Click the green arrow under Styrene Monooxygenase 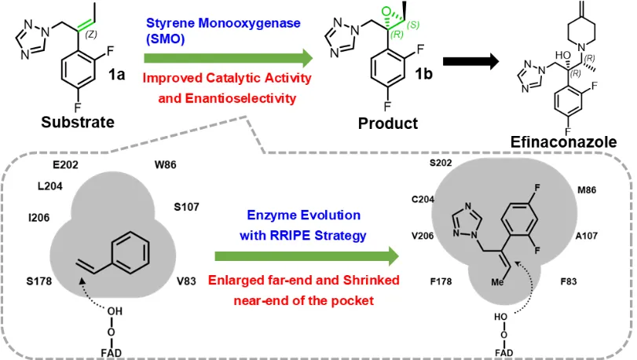[x=228, y=57]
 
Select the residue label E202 [x=66, y=166]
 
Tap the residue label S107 [x=186, y=208]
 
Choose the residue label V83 [x=188, y=281]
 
